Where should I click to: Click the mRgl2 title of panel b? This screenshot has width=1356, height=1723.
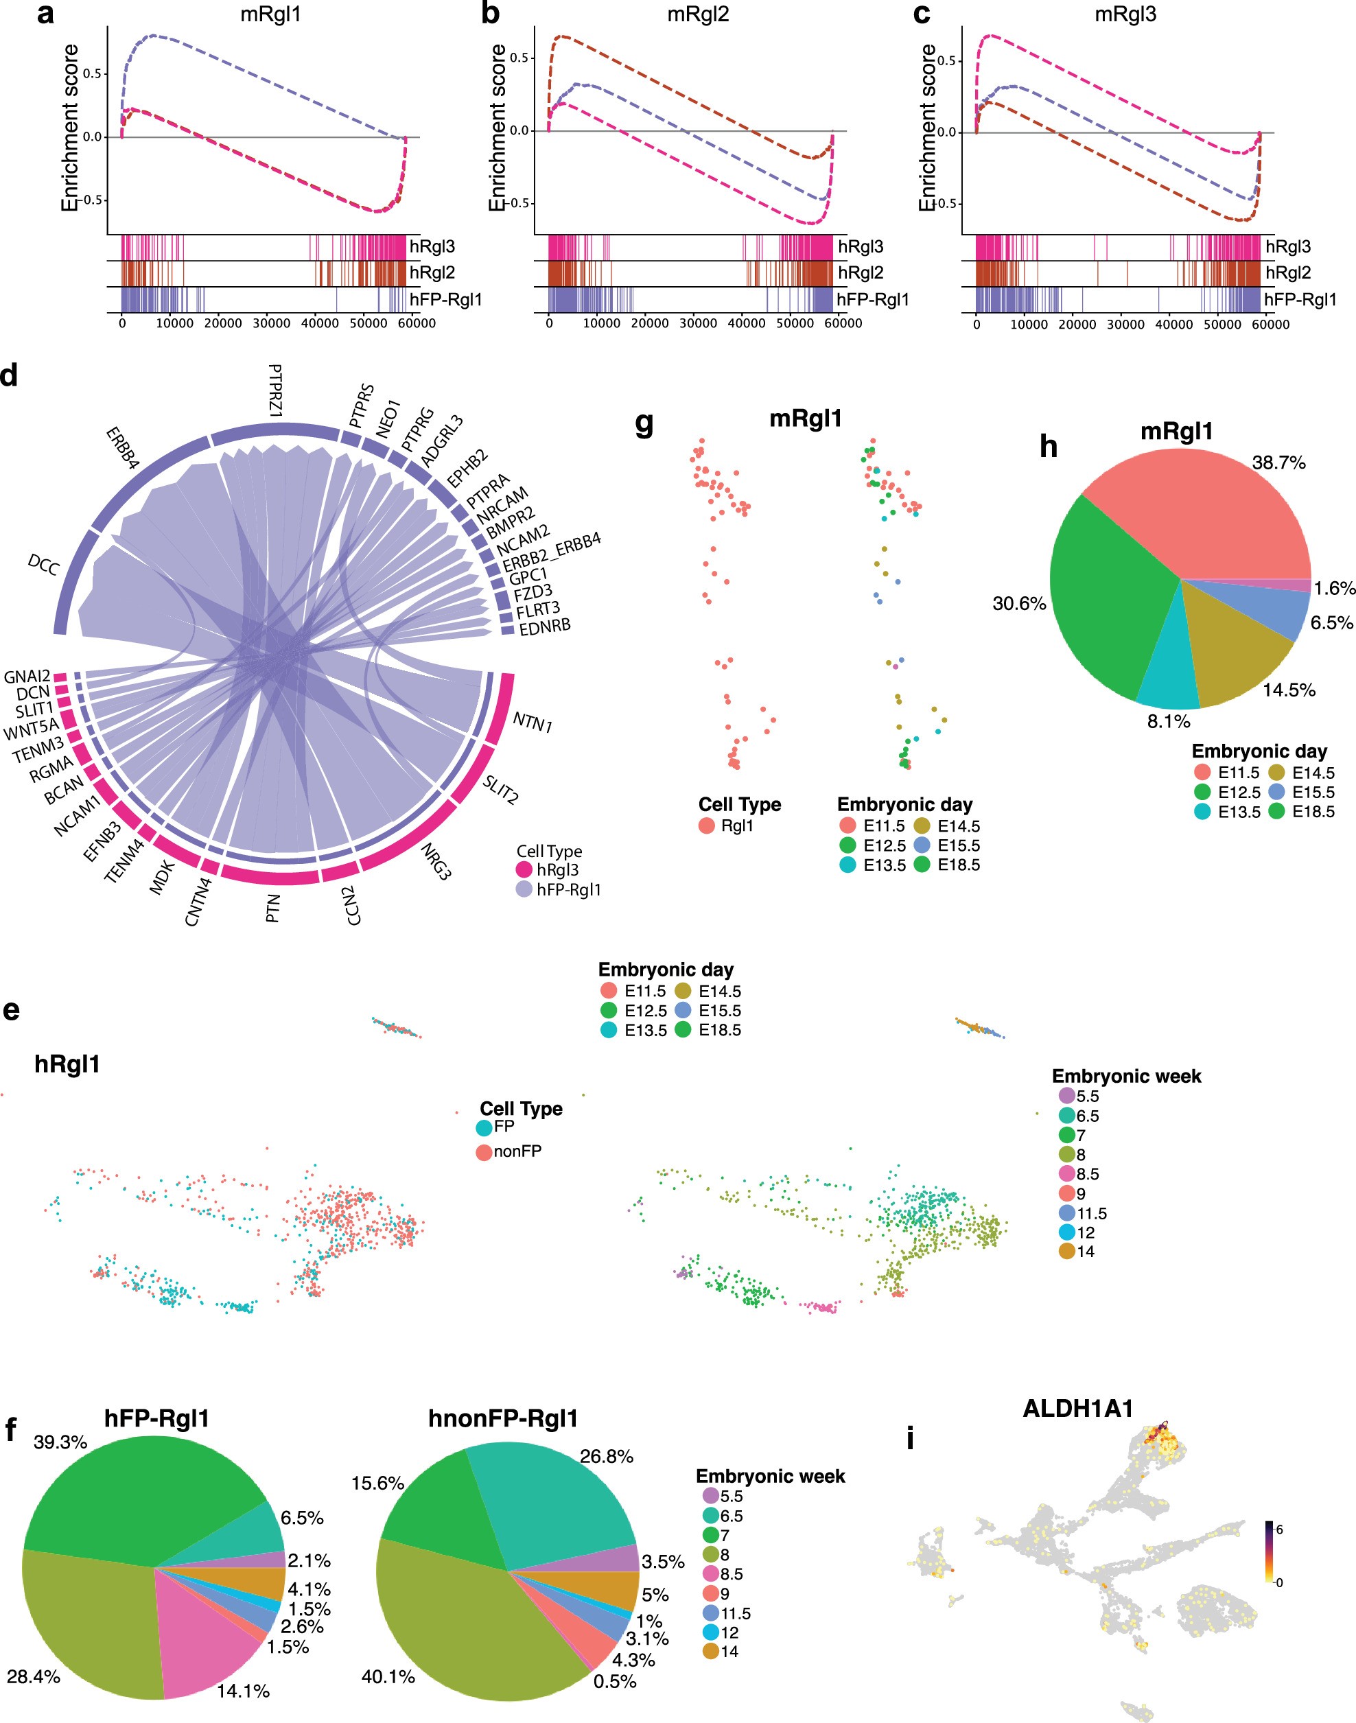(698, 14)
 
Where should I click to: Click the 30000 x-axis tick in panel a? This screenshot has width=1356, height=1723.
(271, 324)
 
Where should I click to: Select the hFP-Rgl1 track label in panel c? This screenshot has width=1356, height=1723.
(1300, 300)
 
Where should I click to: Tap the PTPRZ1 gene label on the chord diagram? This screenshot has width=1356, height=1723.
(275, 390)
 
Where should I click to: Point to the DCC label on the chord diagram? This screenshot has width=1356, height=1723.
(44, 565)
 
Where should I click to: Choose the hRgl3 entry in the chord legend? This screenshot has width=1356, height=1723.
(557, 870)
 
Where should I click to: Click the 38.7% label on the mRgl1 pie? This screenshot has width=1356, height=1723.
(1278, 462)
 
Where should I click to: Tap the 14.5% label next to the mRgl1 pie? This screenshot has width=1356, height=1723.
(1289, 690)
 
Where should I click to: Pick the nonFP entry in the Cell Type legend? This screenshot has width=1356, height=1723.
(517, 1151)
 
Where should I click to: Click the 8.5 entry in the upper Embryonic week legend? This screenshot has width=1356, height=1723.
(1087, 1174)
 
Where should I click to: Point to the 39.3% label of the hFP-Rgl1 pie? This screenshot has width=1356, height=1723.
(60, 1442)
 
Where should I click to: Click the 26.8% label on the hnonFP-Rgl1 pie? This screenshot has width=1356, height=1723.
(607, 1456)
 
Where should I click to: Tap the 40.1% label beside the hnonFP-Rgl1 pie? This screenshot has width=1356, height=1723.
(388, 1676)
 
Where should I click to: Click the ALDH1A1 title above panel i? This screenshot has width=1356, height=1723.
(1077, 1409)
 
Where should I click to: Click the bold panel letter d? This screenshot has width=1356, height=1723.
(10, 375)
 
